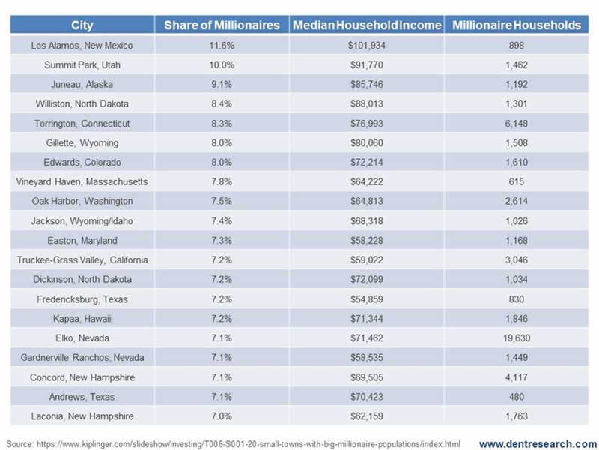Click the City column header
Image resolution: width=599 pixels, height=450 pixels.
pyautogui.click(x=82, y=25)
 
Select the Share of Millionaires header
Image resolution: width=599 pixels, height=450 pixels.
pyautogui.click(x=222, y=25)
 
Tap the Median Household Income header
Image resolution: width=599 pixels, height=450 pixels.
pyautogui.click(x=367, y=25)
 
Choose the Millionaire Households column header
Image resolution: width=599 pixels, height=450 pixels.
pyautogui.click(x=517, y=25)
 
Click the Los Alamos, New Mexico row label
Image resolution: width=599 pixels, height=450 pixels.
pyautogui.click(x=82, y=45)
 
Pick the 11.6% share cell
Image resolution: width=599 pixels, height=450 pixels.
pyautogui.click(x=222, y=45)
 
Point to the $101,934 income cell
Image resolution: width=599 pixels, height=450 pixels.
pyautogui.click(x=367, y=45)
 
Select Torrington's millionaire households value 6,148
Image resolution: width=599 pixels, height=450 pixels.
pyautogui.click(x=517, y=123)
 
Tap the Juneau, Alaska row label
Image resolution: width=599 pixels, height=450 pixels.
pyautogui.click(x=82, y=84)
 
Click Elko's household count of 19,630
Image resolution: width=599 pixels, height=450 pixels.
pyautogui.click(x=517, y=338)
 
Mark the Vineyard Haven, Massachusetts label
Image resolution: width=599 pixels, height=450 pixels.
pyautogui.click(x=82, y=181)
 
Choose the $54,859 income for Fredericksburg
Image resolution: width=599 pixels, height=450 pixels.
pyautogui.click(x=367, y=299)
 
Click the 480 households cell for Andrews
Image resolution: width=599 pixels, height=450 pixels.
pyautogui.click(x=517, y=397)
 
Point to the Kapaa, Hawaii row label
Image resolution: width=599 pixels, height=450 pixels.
pyautogui.click(x=82, y=319)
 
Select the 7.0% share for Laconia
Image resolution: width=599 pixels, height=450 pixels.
pyautogui.click(x=222, y=416)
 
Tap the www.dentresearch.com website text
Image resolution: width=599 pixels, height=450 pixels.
pyautogui.click(x=538, y=443)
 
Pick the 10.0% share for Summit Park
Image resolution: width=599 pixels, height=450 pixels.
pyautogui.click(x=222, y=64)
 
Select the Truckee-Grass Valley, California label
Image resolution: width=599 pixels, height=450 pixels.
pyautogui.click(x=82, y=259)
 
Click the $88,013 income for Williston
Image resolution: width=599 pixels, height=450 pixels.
pyautogui.click(x=367, y=103)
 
